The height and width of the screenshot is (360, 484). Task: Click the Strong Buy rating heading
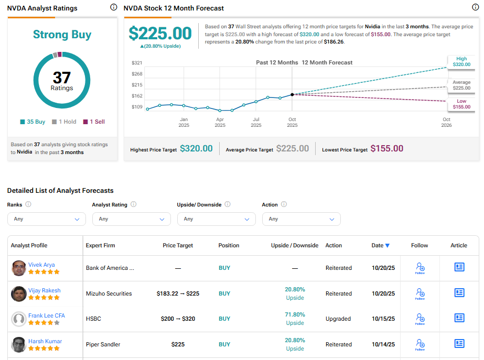click(62, 35)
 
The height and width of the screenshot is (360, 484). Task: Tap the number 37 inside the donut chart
click(62, 78)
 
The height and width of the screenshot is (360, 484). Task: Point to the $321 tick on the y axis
click(137, 63)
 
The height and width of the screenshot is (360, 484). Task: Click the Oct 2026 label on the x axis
click(446, 122)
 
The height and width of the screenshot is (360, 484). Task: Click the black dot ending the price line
click(292, 94)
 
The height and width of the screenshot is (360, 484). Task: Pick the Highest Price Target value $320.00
click(196, 149)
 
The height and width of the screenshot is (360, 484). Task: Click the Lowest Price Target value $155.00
click(387, 149)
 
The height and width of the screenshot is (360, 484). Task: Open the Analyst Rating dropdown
click(131, 219)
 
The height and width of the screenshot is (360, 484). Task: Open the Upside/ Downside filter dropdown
click(216, 219)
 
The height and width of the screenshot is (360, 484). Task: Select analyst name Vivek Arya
click(41, 265)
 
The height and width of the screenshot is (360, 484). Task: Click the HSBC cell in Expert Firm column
click(93, 319)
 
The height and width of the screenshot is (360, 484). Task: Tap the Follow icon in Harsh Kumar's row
click(420, 344)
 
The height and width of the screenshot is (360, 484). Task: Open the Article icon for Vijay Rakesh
click(459, 293)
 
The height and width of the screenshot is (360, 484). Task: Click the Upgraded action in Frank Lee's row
click(338, 319)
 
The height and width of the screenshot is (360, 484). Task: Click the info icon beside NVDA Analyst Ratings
click(114, 7)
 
